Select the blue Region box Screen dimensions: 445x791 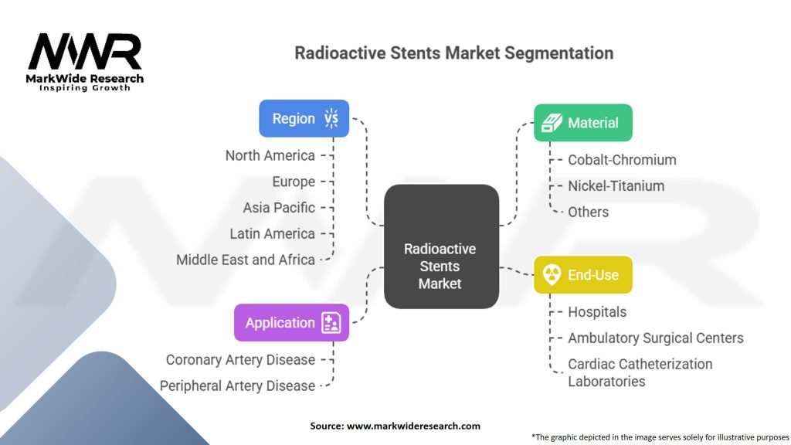point(304,118)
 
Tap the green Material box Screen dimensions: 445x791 point(582,122)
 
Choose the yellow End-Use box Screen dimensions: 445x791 point(582,274)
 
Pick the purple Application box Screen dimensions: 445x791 point(291,322)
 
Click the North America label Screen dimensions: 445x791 point(270,155)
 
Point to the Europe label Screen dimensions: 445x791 point(294,182)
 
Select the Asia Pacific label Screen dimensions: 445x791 point(279,207)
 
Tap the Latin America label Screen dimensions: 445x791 point(272,233)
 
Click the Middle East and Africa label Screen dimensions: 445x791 point(245,260)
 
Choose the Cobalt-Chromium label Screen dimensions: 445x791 point(622,160)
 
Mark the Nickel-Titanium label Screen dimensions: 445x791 point(616,185)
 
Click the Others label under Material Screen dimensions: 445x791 point(588,212)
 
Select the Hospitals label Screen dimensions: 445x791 point(597,311)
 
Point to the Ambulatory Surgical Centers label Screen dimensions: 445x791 point(656,338)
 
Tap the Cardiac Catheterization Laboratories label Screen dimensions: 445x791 point(640,372)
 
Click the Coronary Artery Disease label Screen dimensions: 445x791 point(240,359)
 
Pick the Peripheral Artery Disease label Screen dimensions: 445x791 point(237,386)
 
